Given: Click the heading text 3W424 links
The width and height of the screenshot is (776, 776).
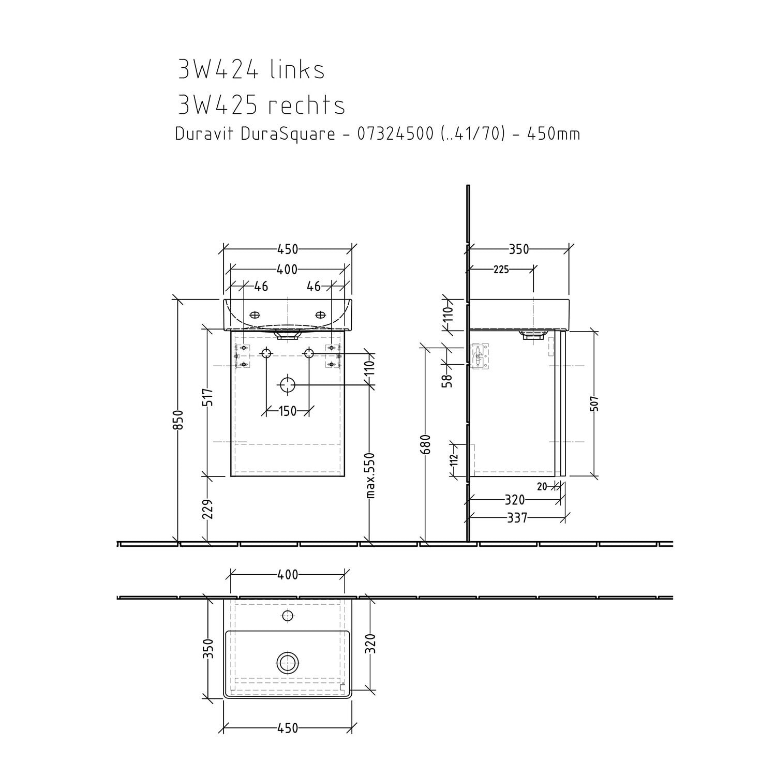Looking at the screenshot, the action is click(251, 69).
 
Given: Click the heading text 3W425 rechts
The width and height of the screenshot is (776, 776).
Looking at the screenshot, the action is click(261, 105).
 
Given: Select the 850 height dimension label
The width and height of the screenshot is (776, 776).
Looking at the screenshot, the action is click(177, 420).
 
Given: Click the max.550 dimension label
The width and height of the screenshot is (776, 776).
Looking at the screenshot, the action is click(370, 475).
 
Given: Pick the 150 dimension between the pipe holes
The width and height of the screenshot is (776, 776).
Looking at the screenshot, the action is click(288, 411).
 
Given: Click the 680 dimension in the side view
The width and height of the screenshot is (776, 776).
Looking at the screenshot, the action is click(425, 444).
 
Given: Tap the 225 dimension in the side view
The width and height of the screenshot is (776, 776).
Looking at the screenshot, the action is click(501, 270).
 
